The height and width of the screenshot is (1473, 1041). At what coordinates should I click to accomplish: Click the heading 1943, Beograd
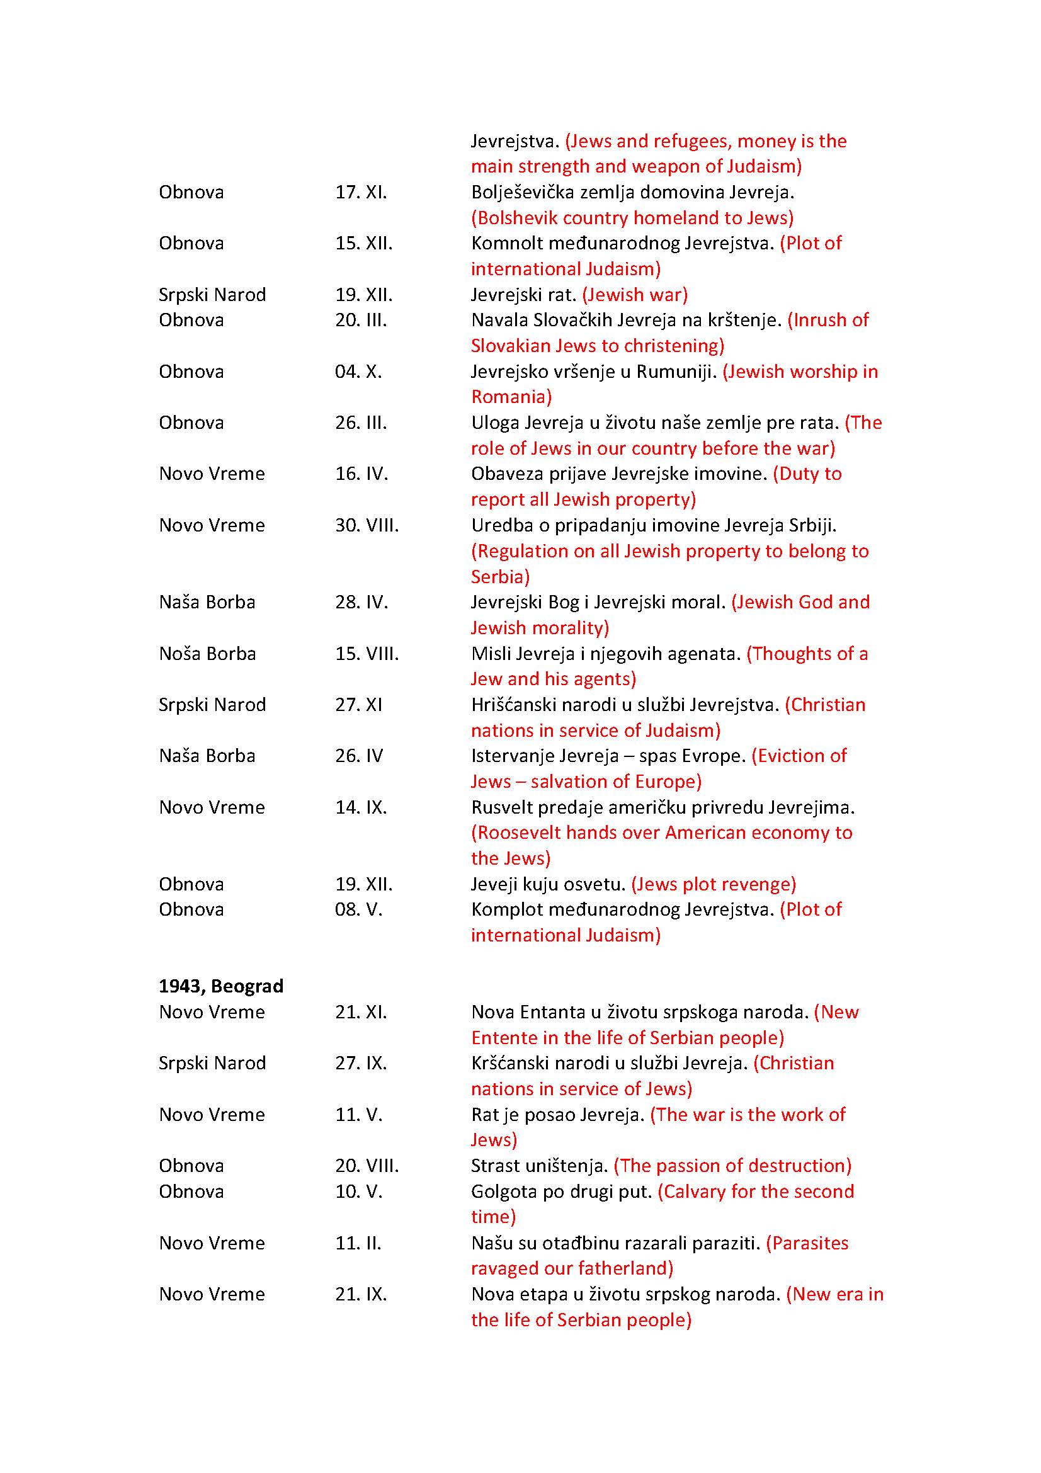220,986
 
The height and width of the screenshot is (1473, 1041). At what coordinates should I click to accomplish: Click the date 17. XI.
360,193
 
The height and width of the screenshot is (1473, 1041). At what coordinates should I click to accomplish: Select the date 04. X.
358,372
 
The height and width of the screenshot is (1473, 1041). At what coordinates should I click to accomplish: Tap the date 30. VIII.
367,525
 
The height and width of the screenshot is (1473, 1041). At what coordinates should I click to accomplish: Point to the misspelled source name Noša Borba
207,654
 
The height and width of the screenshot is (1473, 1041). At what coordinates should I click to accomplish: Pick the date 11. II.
358,1243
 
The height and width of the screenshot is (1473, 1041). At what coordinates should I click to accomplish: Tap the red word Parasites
811,1243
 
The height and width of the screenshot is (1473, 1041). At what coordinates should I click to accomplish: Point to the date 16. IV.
361,474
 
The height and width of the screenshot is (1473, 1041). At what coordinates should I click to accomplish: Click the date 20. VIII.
367,1166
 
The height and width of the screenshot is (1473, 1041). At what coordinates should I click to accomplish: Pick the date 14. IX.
360,807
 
